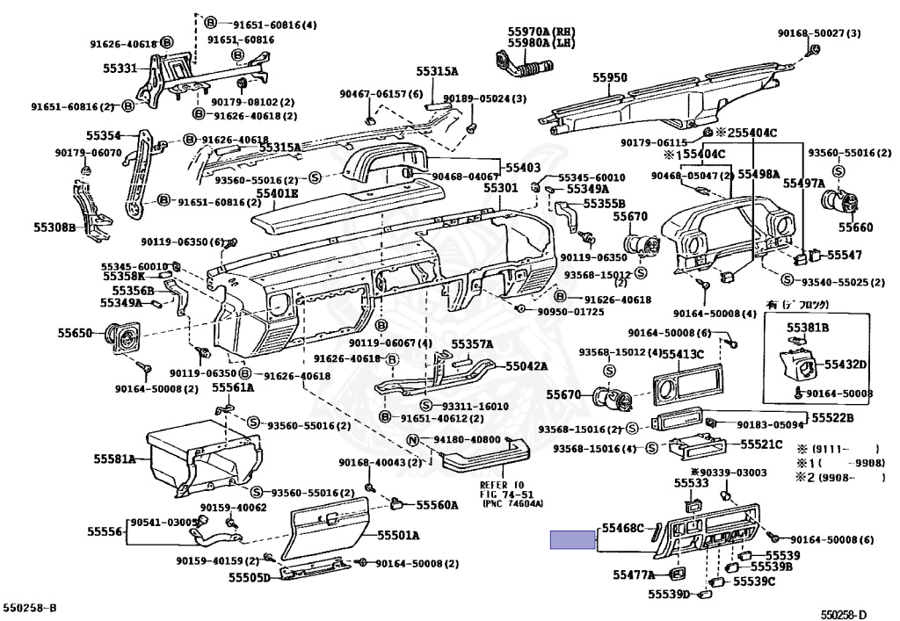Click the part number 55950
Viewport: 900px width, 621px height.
point(609,78)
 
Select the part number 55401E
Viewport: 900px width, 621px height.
point(277,192)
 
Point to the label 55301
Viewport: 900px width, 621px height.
point(501,188)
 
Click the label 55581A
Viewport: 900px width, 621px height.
point(115,459)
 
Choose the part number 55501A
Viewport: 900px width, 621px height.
point(398,535)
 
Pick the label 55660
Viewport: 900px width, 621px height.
point(855,227)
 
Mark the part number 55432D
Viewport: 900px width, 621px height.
point(846,365)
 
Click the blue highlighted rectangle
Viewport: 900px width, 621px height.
point(571,539)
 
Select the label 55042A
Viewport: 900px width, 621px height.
point(526,366)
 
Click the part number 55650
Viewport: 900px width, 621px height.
point(76,333)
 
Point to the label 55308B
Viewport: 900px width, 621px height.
point(80,227)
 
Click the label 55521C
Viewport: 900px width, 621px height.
point(761,444)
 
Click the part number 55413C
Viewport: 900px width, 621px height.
point(683,353)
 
